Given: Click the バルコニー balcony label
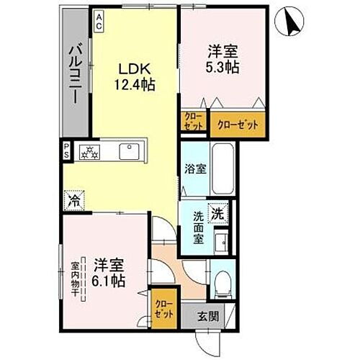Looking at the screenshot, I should (x=75, y=72).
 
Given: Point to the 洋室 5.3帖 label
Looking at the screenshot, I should (x=222, y=58).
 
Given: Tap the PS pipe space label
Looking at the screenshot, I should (x=66, y=152).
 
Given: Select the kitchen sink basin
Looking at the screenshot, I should (x=130, y=152).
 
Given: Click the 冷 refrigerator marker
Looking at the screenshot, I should (x=73, y=199).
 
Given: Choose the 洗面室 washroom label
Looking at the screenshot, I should (x=199, y=228).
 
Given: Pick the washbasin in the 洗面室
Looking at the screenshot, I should (x=223, y=240).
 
